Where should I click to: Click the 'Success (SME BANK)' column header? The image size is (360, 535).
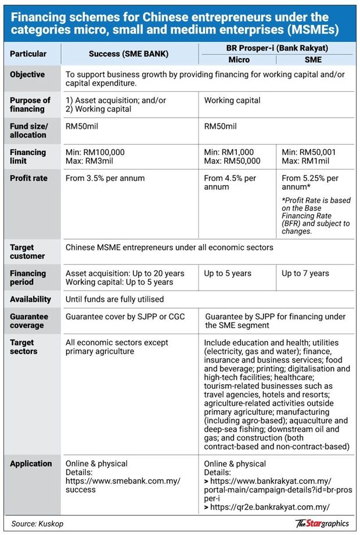pyautogui.click(x=128, y=54)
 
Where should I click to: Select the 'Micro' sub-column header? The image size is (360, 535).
pyautogui.click(x=239, y=60)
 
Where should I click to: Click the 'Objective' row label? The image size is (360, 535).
pyautogui.click(x=27, y=75)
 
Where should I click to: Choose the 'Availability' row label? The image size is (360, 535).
pyautogui.click(x=30, y=299)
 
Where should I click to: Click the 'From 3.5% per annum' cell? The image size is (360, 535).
pyautogui.click(x=105, y=178)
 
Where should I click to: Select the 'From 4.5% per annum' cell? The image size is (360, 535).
pyautogui.click(x=230, y=183)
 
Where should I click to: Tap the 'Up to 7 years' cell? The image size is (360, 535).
pyautogui.click(x=305, y=273)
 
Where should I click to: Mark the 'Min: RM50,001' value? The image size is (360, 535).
pyautogui.click(x=309, y=152)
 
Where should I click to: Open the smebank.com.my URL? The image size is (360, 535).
pyautogui.click(x=123, y=485)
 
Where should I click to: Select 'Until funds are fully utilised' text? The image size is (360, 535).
pyautogui.click(x=114, y=299)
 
